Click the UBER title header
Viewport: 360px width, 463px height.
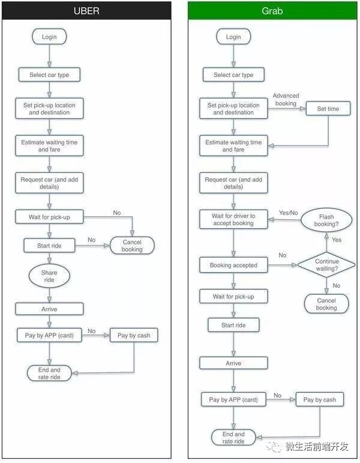point(86,11)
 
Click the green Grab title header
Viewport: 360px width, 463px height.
point(272,11)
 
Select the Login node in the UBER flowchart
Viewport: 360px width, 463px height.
point(49,37)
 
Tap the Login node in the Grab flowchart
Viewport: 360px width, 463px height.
point(233,37)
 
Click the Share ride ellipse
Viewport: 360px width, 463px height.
point(49,276)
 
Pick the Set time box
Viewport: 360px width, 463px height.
point(328,109)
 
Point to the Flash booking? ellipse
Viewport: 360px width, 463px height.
point(326,220)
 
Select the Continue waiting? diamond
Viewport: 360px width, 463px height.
point(326,265)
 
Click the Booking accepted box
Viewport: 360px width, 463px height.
point(233,265)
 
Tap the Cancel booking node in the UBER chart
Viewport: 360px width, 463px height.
point(132,246)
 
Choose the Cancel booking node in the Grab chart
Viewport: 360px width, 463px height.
point(326,304)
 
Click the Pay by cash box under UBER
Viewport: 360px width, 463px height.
point(134,335)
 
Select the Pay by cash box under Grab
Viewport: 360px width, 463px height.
point(319,399)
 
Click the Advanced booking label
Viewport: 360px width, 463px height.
point(286,99)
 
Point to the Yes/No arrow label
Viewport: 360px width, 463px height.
point(289,213)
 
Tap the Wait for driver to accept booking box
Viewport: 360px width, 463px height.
point(233,220)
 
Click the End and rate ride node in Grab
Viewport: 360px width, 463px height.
point(233,438)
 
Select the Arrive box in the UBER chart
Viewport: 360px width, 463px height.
point(49,309)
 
